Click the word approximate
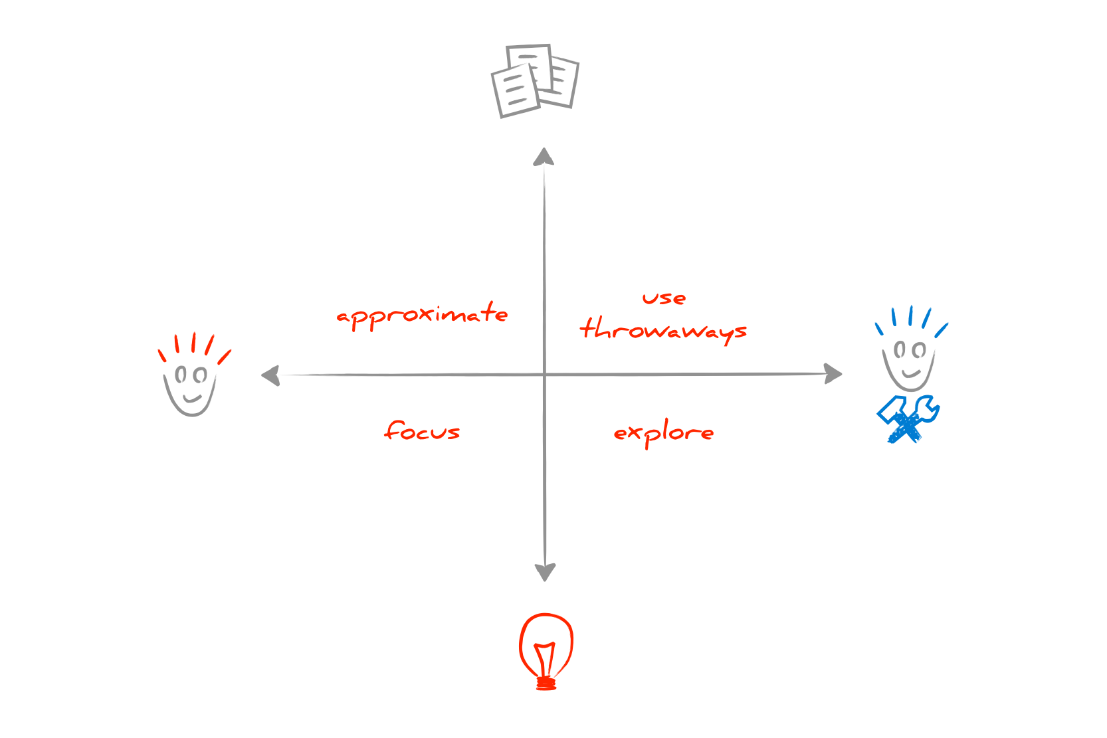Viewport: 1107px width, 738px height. pyautogui.click(x=422, y=316)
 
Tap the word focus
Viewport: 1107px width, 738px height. pyautogui.click(x=422, y=430)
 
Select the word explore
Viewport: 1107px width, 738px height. pyautogui.click(x=664, y=433)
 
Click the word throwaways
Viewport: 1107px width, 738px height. pyautogui.click(x=663, y=330)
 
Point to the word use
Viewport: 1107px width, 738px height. pyautogui.click(x=664, y=298)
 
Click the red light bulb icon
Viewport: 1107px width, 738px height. pyautogui.click(x=546, y=651)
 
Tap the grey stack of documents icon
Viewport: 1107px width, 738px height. pyautogui.click(x=535, y=81)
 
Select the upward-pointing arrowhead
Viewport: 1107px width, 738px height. pyautogui.click(x=544, y=157)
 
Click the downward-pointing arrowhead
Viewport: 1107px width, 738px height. pyautogui.click(x=545, y=572)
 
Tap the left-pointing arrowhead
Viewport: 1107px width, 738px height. pyautogui.click(x=271, y=375)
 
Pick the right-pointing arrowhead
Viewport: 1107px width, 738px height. pyautogui.click(x=833, y=373)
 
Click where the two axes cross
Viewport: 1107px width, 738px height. pyautogui.click(x=545, y=375)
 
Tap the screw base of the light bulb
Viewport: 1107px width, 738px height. pyautogui.click(x=546, y=683)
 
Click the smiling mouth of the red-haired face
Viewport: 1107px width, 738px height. pyautogui.click(x=192, y=398)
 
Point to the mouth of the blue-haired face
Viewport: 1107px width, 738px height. pyautogui.click(x=911, y=373)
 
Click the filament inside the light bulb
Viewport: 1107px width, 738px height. pyautogui.click(x=545, y=659)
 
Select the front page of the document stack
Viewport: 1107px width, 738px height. pyautogui.click(x=516, y=92)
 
